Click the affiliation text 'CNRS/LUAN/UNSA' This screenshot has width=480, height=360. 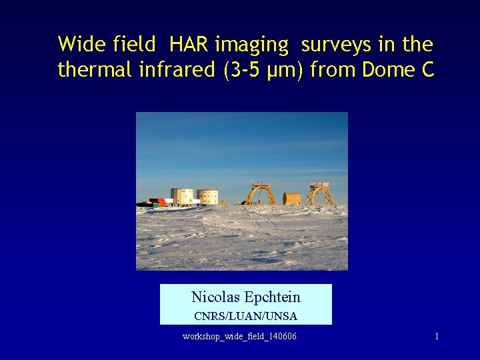click(x=245, y=316)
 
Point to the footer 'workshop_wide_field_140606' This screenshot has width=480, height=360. click(x=239, y=337)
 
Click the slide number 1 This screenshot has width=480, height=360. click(x=437, y=337)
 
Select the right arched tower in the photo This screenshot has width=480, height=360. click(x=320, y=193)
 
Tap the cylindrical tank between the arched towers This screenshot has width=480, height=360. click(x=292, y=198)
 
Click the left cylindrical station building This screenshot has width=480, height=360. click(x=182, y=196)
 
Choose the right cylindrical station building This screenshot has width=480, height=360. click(x=207, y=197)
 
